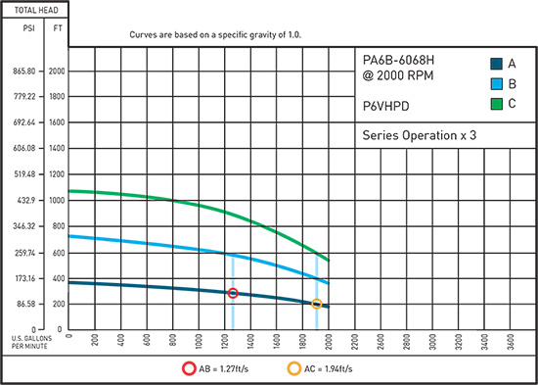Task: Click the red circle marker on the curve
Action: [x=233, y=293]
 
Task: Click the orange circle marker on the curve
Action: [x=316, y=304]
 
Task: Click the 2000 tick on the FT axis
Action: [x=58, y=72]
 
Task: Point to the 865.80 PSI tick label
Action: [x=22, y=72]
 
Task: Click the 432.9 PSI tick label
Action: [x=24, y=201]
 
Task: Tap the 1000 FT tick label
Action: [x=58, y=201]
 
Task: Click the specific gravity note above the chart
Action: [x=216, y=32]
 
